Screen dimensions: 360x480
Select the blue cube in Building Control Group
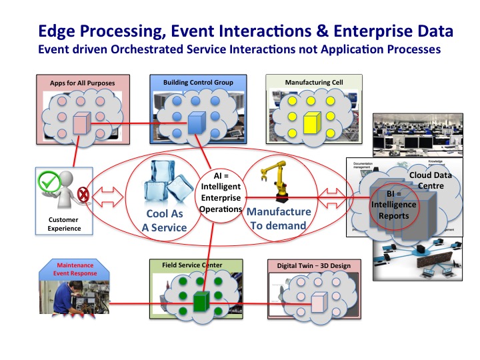195,125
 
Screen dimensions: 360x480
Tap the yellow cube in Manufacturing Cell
312,124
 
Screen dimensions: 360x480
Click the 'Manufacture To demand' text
279,218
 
